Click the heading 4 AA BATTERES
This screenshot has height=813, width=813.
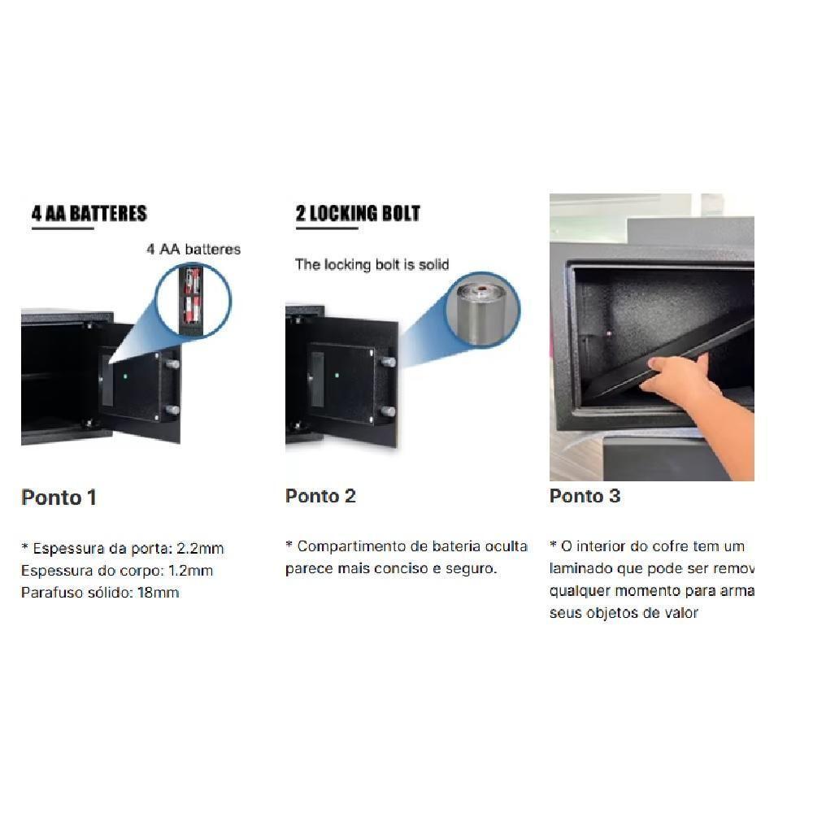pos(89,214)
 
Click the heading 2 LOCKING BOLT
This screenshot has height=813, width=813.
pos(358,214)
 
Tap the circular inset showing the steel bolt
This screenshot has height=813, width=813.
pos(482,309)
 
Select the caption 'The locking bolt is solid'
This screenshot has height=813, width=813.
pos(372,263)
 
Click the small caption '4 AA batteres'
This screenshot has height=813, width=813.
pos(193,250)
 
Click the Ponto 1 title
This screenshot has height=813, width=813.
pos(59,498)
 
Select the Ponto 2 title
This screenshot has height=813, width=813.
pos(320,496)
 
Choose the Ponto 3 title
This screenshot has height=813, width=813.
pos(585,496)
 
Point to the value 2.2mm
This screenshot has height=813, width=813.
pos(200,549)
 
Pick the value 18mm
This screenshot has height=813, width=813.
pos(159,593)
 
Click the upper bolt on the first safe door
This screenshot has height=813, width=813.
pos(172,365)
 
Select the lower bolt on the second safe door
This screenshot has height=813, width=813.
pos(389,411)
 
